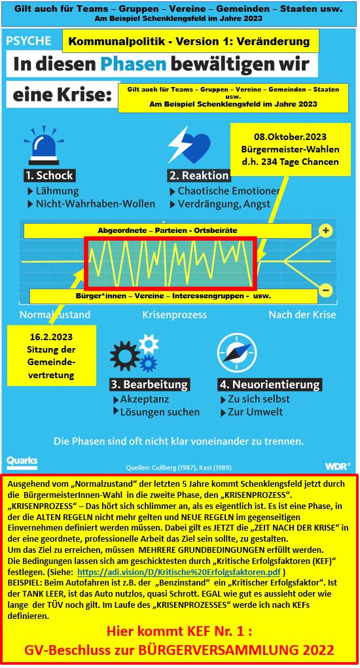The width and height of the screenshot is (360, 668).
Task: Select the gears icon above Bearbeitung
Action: (x=135, y=353)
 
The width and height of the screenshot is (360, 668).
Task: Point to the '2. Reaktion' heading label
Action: (x=199, y=175)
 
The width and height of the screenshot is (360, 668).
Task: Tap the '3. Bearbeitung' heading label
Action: (x=149, y=384)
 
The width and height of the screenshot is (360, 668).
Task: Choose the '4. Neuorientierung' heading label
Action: (x=269, y=384)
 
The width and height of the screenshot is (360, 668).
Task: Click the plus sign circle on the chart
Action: (x=325, y=231)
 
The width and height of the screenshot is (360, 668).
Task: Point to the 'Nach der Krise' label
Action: (x=302, y=315)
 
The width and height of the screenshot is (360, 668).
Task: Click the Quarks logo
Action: (x=22, y=461)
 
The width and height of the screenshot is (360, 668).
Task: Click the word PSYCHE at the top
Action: (x=29, y=41)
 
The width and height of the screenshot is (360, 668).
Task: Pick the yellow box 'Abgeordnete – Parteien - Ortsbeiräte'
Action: (x=168, y=231)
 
